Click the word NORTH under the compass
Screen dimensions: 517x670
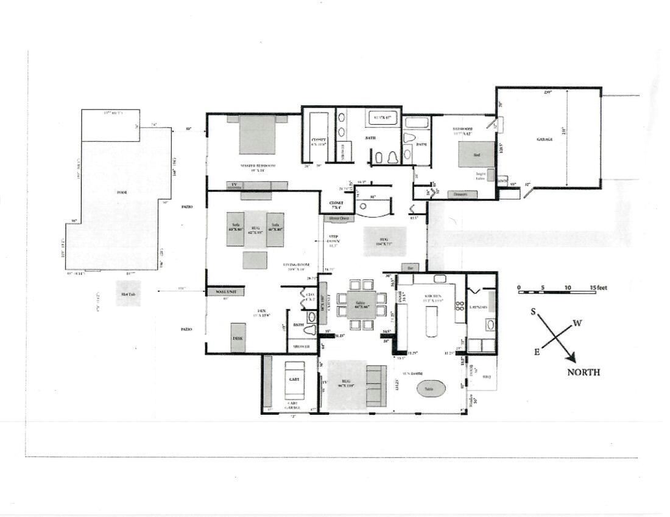(x=583, y=372)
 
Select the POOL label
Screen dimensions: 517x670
(x=122, y=192)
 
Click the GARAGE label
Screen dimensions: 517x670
(x=544, y=139)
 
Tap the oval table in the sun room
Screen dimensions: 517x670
(x=431, y=387)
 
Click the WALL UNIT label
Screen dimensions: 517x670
(x=225, y=291)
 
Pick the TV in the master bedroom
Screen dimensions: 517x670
(x=232, y=184)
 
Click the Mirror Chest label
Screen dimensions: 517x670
(x=339, y=218)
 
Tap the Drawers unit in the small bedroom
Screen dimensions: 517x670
(x=462, y=195)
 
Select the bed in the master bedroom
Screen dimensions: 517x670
(x=256, y=134)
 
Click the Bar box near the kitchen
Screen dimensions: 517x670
(x=410, y=268)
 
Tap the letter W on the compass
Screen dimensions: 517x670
(x=577, y=323)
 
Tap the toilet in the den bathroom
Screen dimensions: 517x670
(x=312, y=330)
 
